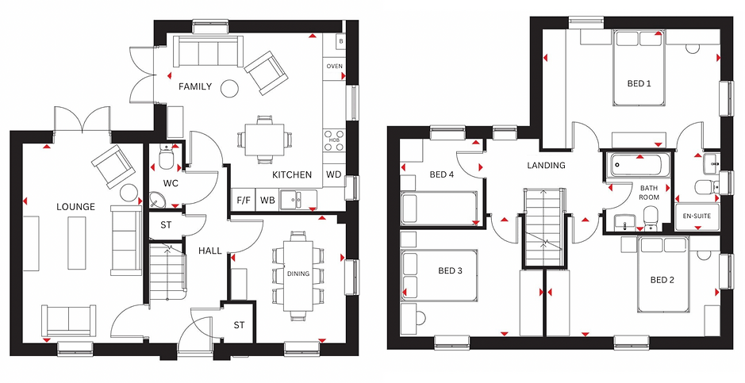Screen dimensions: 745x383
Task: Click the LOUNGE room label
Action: point(75,207)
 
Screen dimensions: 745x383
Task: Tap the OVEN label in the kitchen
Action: point(335,67)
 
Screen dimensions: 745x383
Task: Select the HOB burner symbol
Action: point(334,140)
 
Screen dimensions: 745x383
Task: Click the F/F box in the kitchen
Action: point(244,201)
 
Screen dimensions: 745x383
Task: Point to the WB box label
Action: point(267,201)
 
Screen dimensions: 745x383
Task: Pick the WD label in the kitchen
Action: point(333,174)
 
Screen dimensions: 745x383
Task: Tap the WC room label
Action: point(171,183)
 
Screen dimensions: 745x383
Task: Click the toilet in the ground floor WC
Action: point(167,157)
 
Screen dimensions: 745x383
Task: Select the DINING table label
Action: point(298,274)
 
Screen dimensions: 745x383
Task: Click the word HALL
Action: point(210,251)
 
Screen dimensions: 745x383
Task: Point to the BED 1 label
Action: point(639,83)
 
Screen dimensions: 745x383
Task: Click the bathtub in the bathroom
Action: point(636,164)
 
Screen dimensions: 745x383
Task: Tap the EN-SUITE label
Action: point(697,216)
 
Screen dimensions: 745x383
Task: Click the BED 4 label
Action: point(442,174)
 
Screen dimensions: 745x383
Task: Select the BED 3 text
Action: point(451,271)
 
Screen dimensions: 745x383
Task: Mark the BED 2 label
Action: point(662,280)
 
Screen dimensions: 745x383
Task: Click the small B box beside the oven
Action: point(340,41)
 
